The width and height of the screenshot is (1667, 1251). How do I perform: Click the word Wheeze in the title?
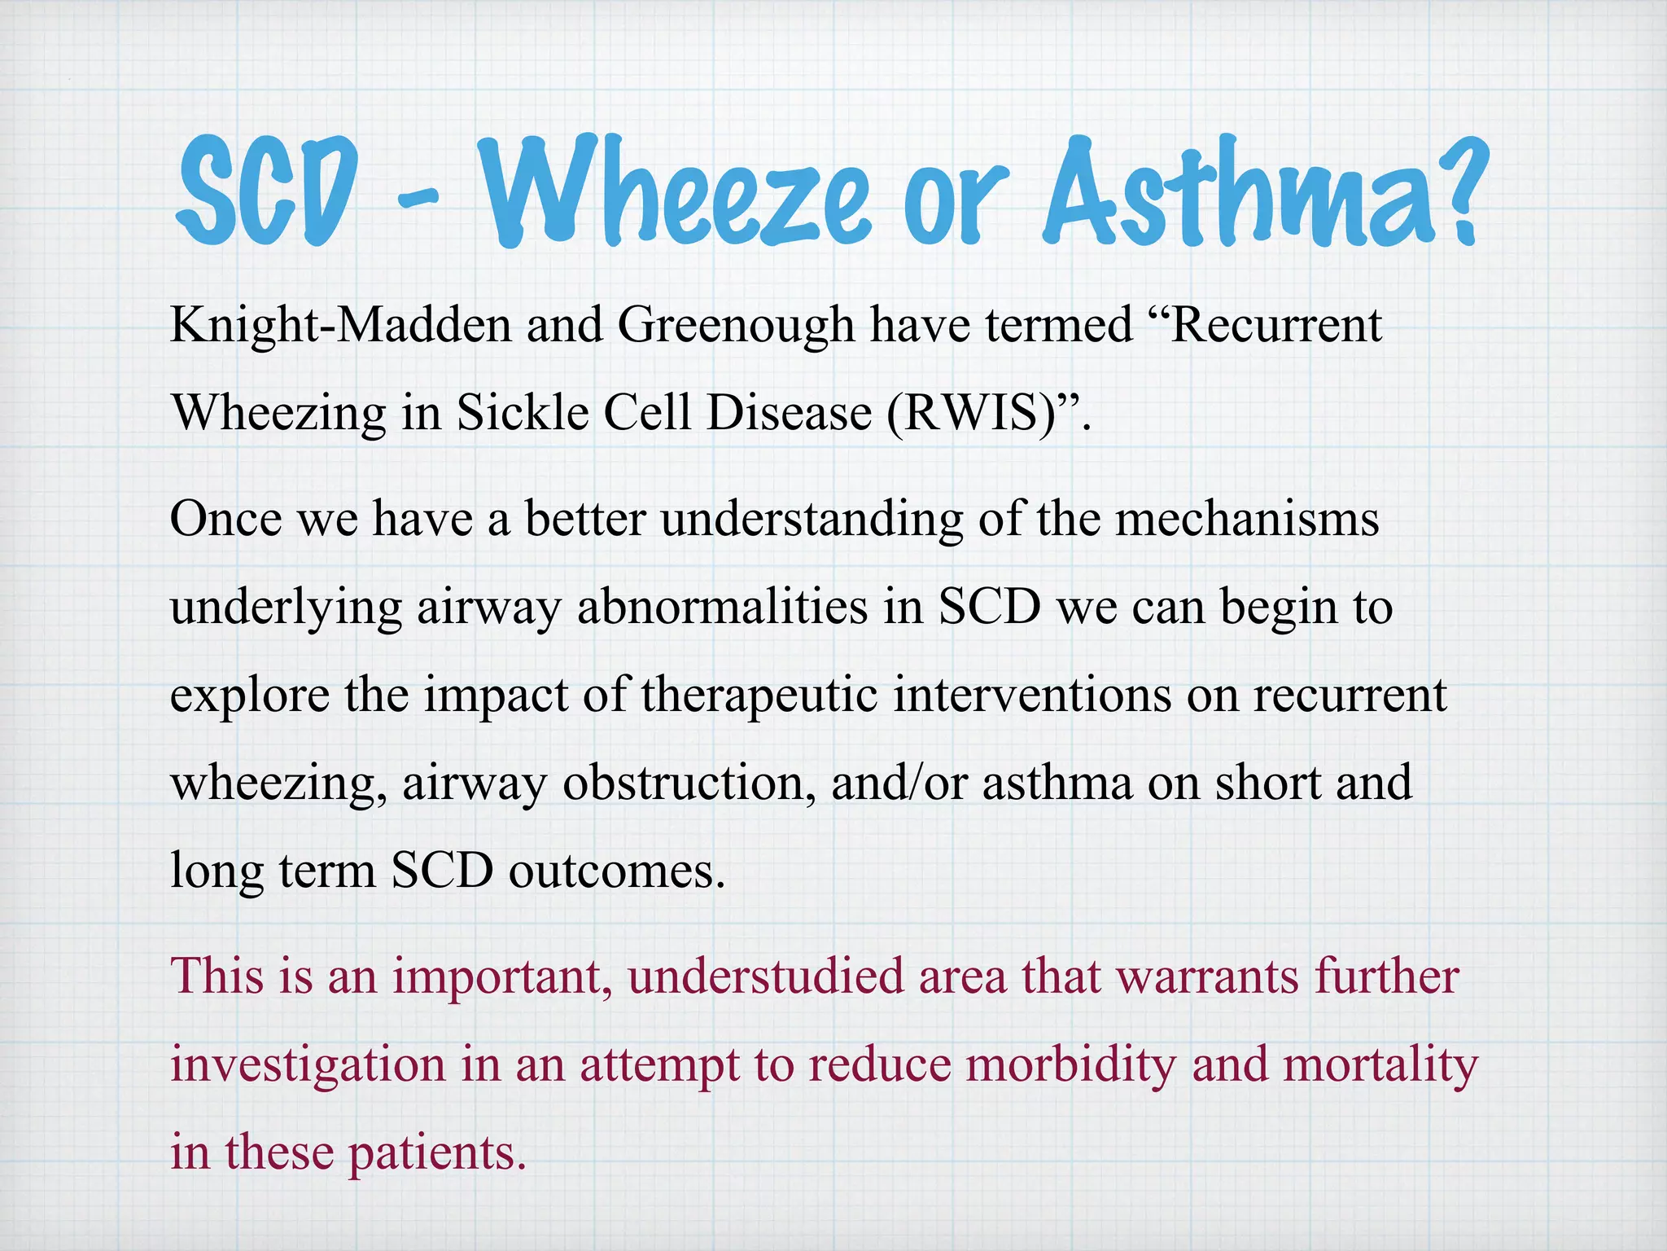pos(675,191)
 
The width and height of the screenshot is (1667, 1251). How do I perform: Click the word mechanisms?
pos(1246,519)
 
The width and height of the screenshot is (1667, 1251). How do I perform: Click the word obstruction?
pos(689,783)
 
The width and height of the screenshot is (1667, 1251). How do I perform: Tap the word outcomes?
pos(616,871)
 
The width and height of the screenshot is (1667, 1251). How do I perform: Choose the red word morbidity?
pos(1070,1064)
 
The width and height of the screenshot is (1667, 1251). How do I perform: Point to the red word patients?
pos(437,1153)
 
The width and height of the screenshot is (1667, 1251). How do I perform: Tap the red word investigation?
pos(308,1064)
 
